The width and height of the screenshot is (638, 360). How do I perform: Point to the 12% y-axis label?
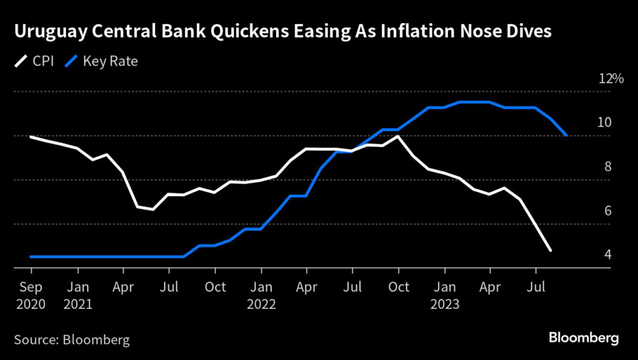click(611, 79)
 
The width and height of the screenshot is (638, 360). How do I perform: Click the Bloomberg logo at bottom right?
click(584, 338)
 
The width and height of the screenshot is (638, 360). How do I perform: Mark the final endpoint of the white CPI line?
click(551, 251)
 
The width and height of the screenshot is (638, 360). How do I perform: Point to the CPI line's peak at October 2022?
click(398, 136)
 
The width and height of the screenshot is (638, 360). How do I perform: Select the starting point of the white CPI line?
click(31, 136)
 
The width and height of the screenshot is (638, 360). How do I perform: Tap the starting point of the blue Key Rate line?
click(31, 257)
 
